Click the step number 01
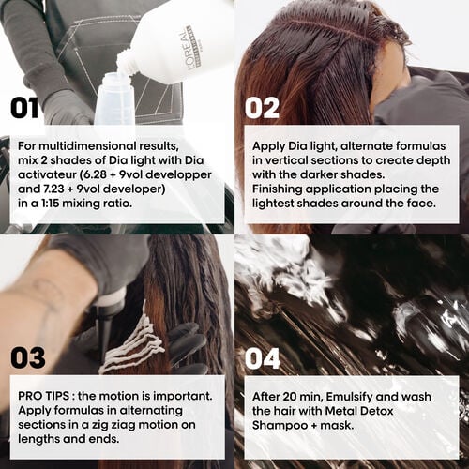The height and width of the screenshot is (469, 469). (31, 107)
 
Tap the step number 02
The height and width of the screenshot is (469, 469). (262, 107)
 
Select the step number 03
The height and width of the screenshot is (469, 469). (28, 356)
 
